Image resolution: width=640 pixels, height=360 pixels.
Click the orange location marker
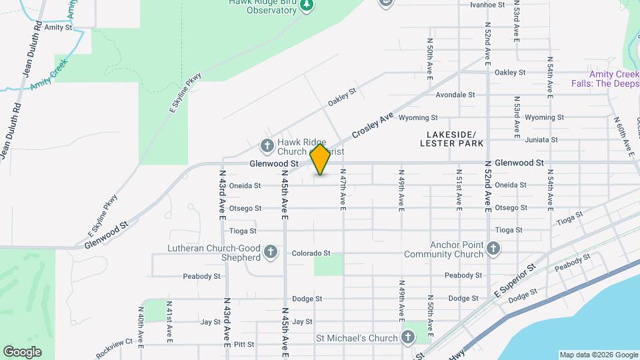coord(321,160)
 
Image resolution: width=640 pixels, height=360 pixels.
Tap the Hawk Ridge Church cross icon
coord(267,145)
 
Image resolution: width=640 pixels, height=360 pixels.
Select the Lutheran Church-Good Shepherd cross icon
coord(270,252)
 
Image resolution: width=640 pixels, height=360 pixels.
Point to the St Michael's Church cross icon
coord(408,337)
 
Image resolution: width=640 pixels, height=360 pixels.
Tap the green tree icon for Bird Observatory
coord(307,5)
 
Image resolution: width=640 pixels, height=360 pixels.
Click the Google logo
coord(22,352)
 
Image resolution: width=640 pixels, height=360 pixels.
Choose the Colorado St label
coord(311,253)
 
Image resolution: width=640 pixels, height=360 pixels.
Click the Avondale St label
coord(455,95)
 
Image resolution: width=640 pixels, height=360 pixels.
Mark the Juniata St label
coord(541,140)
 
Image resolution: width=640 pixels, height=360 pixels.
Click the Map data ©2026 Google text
coord(599,355)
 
